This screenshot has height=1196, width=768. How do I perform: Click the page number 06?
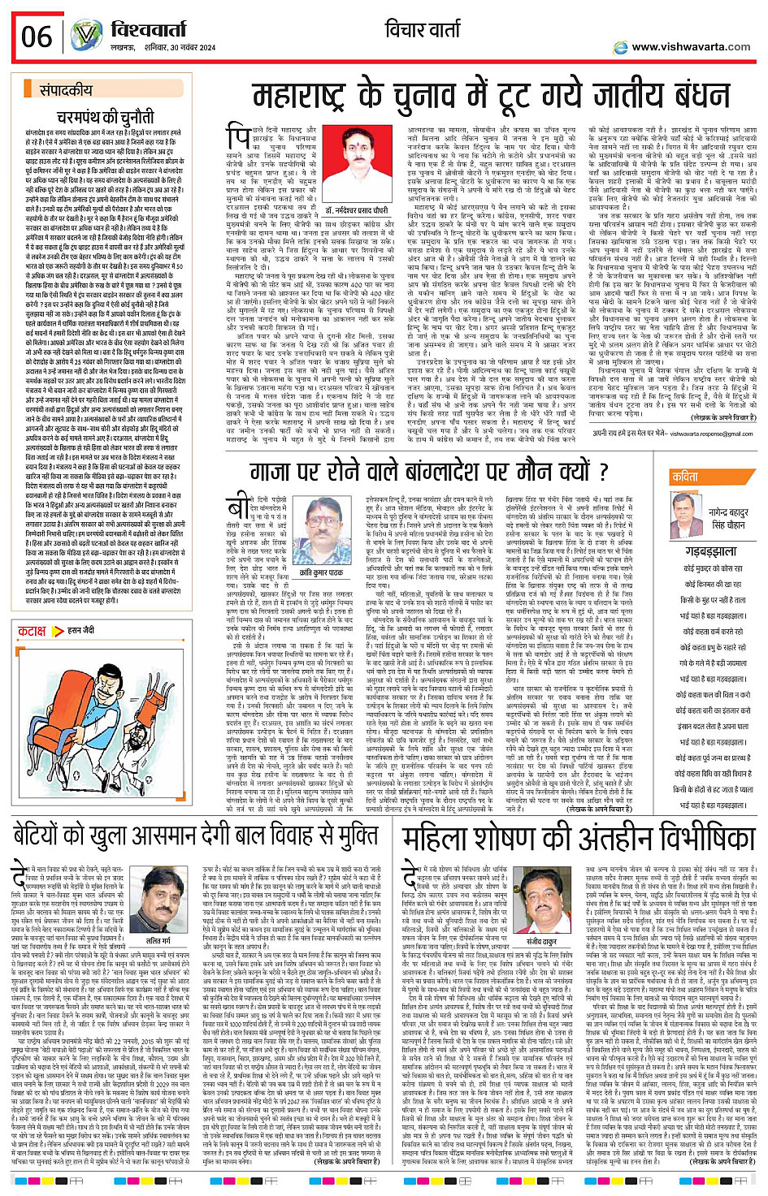pyautogui.click(x=37, y=37)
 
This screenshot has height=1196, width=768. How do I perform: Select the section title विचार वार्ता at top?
pyautogui.click(x=427, y=30)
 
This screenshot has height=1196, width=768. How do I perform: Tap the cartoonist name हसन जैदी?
pyautogui.click(x=80, y=629)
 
